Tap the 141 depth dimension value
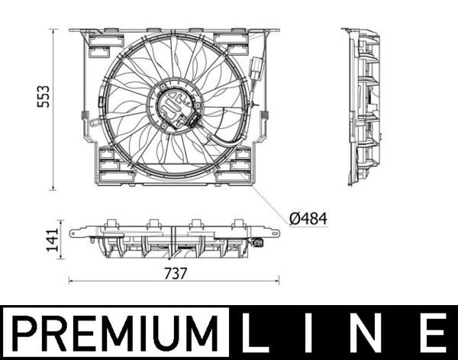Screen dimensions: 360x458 click(x=51, y=241)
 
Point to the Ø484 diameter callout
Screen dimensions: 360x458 click(x=308, y=218)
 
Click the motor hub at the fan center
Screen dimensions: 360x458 click(x=175, y=108)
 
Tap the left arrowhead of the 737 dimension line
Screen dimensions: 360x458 click(x=72, y=281)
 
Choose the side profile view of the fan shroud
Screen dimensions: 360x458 click(x=363, y=107)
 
